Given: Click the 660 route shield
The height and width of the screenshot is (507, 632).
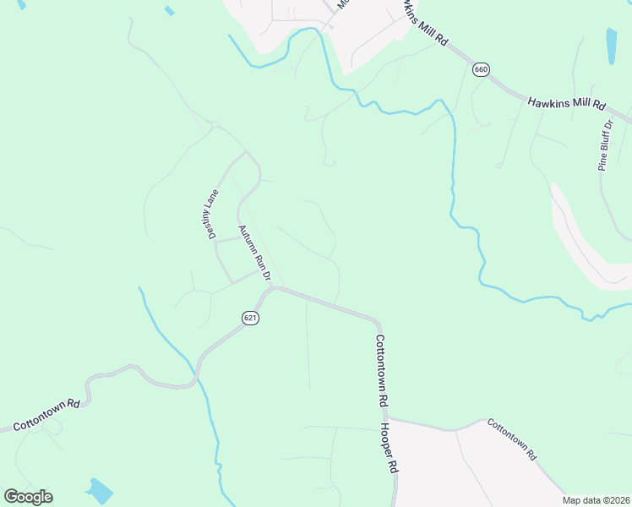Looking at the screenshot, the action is (481, 70).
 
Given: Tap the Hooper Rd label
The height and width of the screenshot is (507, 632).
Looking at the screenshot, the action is (395, 452).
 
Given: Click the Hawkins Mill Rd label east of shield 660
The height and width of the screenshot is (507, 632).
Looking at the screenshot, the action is (567, 104).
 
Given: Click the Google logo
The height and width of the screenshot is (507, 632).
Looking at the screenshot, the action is (28, 497).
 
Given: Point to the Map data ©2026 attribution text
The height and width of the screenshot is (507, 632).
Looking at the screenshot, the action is (597, 500).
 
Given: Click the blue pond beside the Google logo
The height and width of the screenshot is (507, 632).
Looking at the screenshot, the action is (100, 490).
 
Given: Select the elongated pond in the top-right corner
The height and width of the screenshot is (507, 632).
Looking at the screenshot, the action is (611, 46).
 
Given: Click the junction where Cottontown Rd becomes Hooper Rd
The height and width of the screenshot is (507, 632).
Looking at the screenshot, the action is (385, 417).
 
